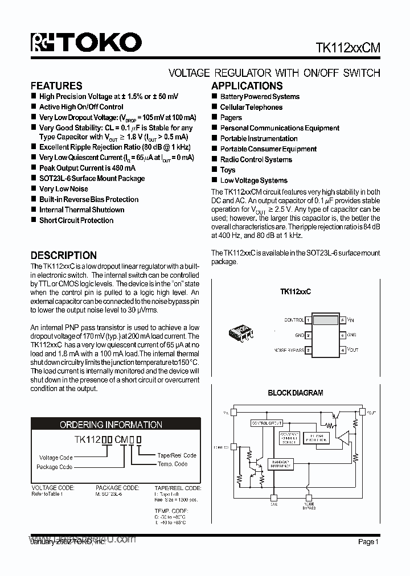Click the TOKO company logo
(x=86, y=43)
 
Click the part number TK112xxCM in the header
(x=347, y=49)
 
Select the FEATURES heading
(x=56, y=86)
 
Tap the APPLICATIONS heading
(x=247, y=86)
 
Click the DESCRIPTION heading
(x=64, y=256)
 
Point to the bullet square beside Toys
(x=215, y=170)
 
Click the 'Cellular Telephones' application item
(x=251, y=107)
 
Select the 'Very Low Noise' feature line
(x=63, y=189)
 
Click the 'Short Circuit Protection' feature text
(x=76, y=220)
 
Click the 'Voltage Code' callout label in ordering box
(x=55, y=458)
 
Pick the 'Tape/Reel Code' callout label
(x=177, y=455)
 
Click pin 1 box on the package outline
(x=308, y=320)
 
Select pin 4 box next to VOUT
(x=343, y=350)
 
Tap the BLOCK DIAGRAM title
(x=296, y=393)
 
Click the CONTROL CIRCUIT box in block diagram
(x=266, y=423)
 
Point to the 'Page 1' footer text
(x=368, y=542)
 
